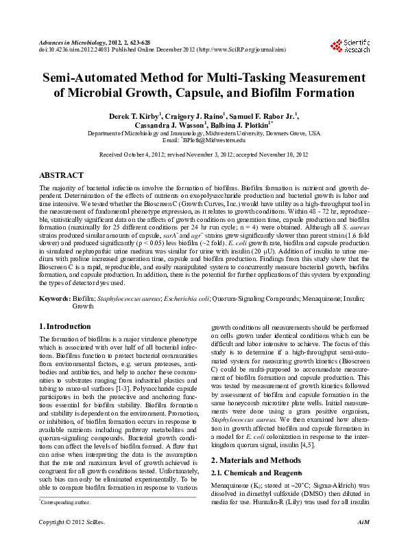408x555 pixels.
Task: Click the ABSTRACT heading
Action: (61, 176)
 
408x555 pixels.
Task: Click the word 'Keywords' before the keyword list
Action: (54, 299)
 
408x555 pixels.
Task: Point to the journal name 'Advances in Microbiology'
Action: (68, 43)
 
